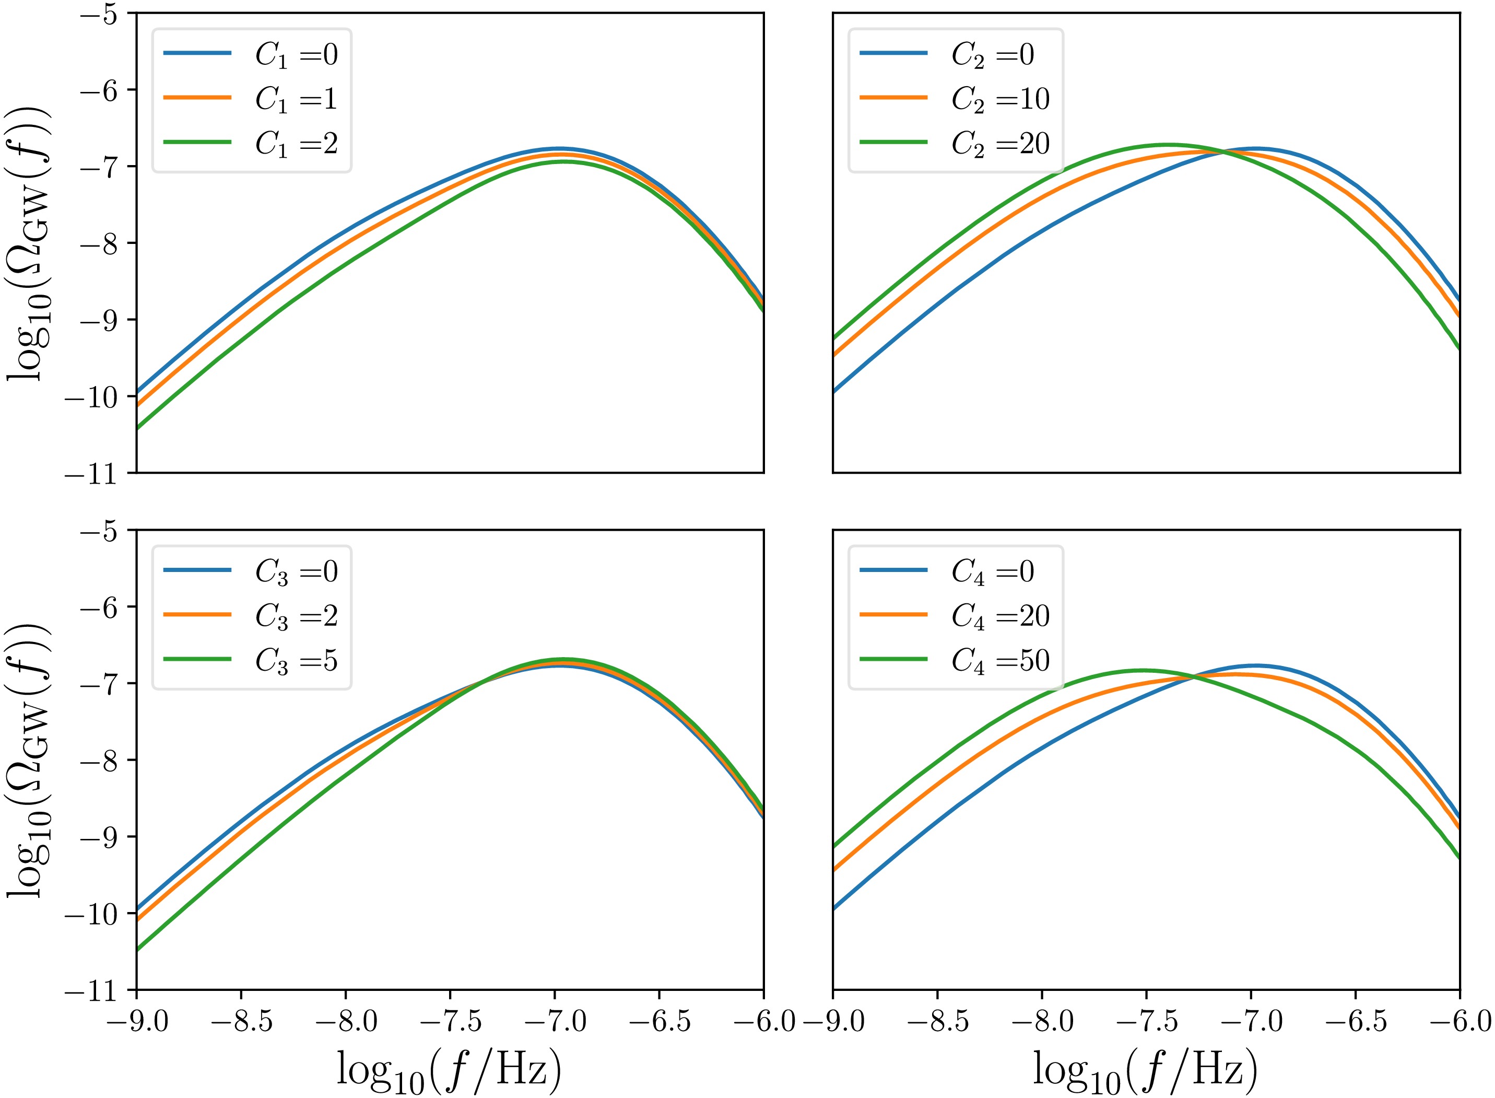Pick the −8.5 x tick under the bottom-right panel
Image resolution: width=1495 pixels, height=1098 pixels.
(x=937, y=1021)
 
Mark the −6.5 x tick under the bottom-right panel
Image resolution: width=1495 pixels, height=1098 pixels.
(x=1356, y=1021)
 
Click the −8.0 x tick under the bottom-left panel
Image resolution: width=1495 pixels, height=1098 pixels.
(x=346, y=1021)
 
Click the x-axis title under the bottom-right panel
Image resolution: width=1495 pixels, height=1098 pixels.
(x=1145, y=1070)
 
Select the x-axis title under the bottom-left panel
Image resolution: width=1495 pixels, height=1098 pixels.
(x=449, y=1070)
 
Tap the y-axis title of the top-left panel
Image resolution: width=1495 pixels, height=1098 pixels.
(x=30, y=242)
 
